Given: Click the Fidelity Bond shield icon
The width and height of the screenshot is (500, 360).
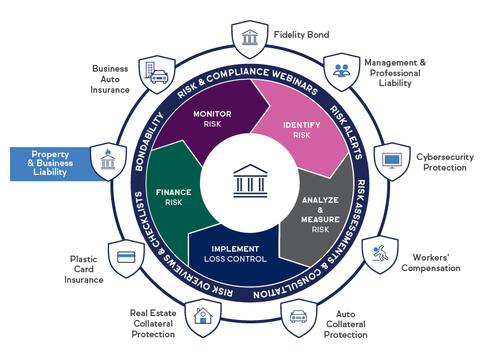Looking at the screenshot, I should point(250,39).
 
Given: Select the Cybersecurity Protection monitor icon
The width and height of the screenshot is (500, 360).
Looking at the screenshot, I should point(392,161).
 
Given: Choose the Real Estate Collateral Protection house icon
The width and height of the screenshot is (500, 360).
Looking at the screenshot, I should point(203,317).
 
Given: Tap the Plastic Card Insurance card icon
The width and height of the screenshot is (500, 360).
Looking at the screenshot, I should point(127,258).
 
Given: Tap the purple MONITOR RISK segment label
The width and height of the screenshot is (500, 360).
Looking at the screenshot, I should point(212,119).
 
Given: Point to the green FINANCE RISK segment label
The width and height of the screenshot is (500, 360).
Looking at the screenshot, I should point(173,197).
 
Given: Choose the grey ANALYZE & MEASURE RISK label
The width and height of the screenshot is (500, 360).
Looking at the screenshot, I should point(320,214).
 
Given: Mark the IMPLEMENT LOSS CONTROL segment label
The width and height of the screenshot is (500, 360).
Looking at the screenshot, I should point(235,254).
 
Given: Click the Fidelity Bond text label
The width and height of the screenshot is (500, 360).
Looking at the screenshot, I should point(301,35).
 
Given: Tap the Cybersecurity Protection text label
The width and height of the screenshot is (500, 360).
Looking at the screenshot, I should point(445,162).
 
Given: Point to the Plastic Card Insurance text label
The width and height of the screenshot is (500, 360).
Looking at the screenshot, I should point(83,269).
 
